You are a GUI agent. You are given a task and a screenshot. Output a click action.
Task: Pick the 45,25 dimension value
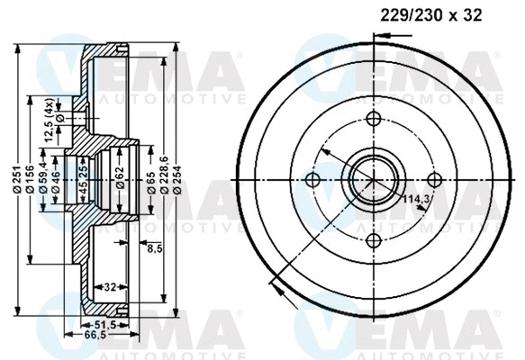83,181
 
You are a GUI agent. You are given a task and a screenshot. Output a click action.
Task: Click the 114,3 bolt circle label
415,198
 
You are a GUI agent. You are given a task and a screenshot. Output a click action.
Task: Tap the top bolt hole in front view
373,121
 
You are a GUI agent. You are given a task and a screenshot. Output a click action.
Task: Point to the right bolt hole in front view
432,179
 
